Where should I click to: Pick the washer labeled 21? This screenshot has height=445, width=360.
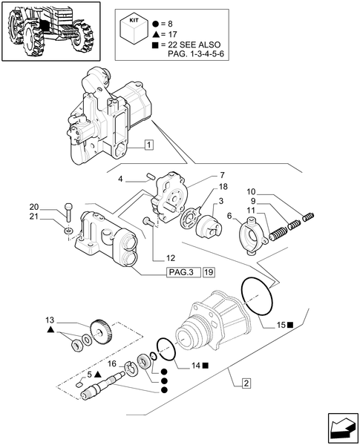[x=68, y=231]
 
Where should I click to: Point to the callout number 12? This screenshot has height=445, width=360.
[x=170, y=258]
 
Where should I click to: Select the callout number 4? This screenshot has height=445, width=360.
[x=121, y=178]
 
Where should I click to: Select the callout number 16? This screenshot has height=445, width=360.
[x=113, y=364]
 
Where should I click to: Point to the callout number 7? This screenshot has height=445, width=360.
[x=202, y=174]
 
